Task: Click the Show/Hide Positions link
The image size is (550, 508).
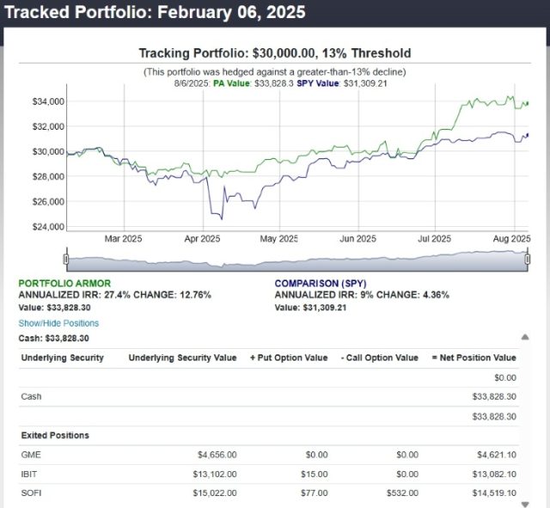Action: [58, 323]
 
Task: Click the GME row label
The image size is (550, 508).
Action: [29, 453]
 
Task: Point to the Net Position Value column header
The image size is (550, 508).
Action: [474, 358]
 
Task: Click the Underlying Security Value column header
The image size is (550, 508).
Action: [182, 358]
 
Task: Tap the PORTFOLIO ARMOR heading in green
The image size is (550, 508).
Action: [64, 283]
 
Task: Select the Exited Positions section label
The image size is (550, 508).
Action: [55, 436]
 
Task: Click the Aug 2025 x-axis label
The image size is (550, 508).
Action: [513, 239]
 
